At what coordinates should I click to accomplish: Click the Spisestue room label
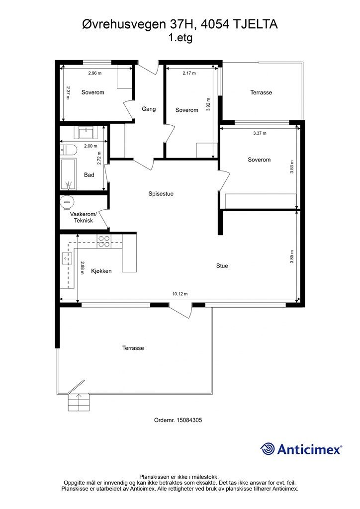[161, 194]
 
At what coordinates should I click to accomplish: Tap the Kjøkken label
[101, 271]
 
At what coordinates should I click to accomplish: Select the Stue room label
[222, 266]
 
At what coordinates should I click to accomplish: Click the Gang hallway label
[149, 109]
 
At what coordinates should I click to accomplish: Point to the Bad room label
[89, 175]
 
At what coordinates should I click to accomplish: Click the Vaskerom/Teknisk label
[84, 218]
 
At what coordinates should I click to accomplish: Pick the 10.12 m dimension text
[180, 294]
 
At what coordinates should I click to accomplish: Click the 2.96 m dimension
[95, 74]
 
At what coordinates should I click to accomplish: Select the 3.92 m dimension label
[208, 104]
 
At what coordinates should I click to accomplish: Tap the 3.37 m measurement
[260, 133]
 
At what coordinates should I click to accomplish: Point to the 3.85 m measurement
[292, 256]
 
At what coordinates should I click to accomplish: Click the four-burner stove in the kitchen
[104, 242]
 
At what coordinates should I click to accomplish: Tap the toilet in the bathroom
[68, 150]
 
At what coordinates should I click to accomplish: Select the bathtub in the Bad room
[68, 174]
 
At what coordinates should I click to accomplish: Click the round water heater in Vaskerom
[67, 202]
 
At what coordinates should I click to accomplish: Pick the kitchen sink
[66, 258]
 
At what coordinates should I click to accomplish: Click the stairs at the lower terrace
[78, 403]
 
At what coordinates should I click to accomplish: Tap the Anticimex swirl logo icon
[268, 449]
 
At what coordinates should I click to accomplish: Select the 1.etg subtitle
[180, 38]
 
